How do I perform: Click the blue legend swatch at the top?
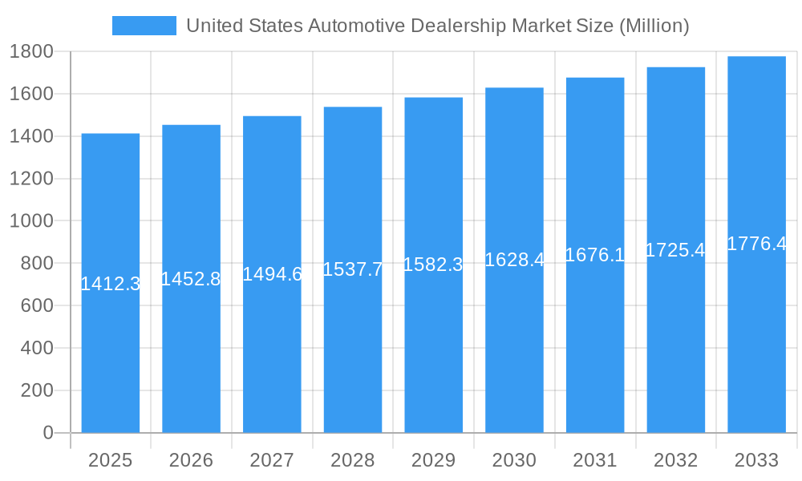[144, 26]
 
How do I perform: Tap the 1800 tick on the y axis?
[31, 52]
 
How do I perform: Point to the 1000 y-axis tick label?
[31, 221]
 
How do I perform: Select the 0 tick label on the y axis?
[47, 433]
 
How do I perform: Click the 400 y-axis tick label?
[37, 348]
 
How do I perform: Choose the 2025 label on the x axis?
[110, 460]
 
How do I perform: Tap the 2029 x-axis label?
[433, 460]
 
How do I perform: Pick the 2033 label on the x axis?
[756, 460]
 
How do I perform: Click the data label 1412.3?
[111, 283]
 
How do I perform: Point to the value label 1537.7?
[353, 269]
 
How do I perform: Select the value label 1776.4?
[756, 244]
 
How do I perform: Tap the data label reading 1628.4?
[514, 260]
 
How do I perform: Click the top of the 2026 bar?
[191, 126]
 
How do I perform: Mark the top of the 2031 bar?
[595, 79]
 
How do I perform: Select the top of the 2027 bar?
[272, 117]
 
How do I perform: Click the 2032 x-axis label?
[675, 460]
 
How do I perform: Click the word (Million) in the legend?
[654, 26]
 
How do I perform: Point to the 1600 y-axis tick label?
[31, 95]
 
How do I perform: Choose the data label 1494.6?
[272, 274]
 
